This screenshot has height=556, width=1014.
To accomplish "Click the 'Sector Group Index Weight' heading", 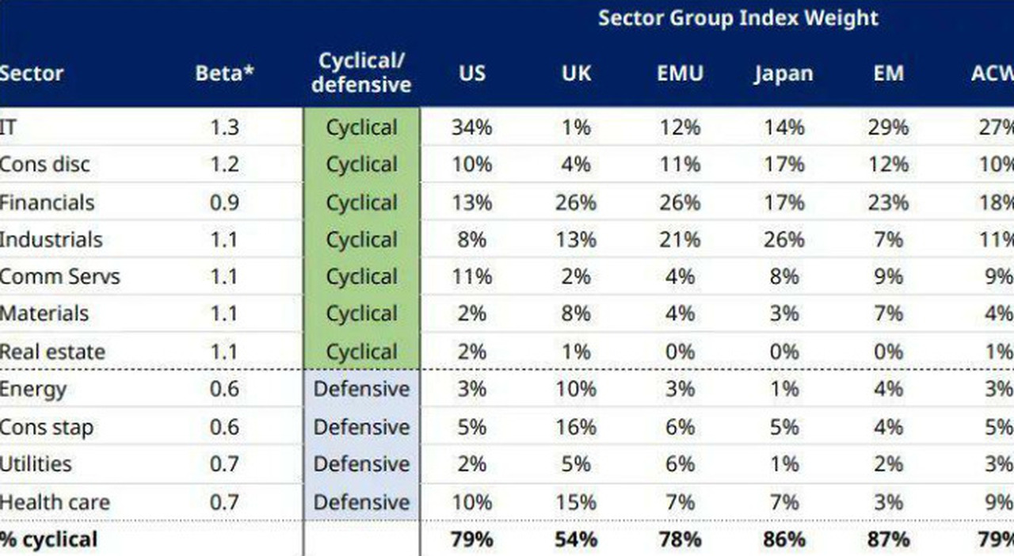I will (738, 18).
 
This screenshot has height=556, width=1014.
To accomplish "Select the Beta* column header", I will (225, 74).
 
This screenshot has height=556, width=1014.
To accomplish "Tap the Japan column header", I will (783, 74).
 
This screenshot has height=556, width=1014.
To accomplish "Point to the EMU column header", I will (679, 74).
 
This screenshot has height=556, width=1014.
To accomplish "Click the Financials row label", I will (48, 202).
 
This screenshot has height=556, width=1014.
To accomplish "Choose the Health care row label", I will (55, 501).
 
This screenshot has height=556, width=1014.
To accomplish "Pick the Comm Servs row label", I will (60, 276).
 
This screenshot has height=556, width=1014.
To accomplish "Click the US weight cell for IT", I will (472, 128).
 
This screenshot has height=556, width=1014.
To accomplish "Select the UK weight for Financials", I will (575, 202).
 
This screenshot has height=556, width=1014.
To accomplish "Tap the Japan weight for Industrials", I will (783, 239).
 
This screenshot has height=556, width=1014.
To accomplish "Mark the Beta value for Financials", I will (224, 202).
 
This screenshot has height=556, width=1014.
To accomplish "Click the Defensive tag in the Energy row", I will (361, 389).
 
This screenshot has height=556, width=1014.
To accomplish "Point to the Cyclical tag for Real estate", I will (361, 351).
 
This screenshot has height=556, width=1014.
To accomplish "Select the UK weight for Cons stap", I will (575, 427).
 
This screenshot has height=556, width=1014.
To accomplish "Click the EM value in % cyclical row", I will (888, 539).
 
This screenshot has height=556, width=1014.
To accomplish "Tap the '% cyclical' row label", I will (49, 539).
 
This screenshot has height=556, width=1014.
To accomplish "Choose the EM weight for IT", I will (888, 128).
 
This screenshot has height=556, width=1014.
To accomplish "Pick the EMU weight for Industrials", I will (679, 239).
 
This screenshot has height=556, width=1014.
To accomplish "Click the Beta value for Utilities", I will (224, 464).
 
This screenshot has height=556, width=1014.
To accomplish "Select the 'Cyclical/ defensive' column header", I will (361, 73).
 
